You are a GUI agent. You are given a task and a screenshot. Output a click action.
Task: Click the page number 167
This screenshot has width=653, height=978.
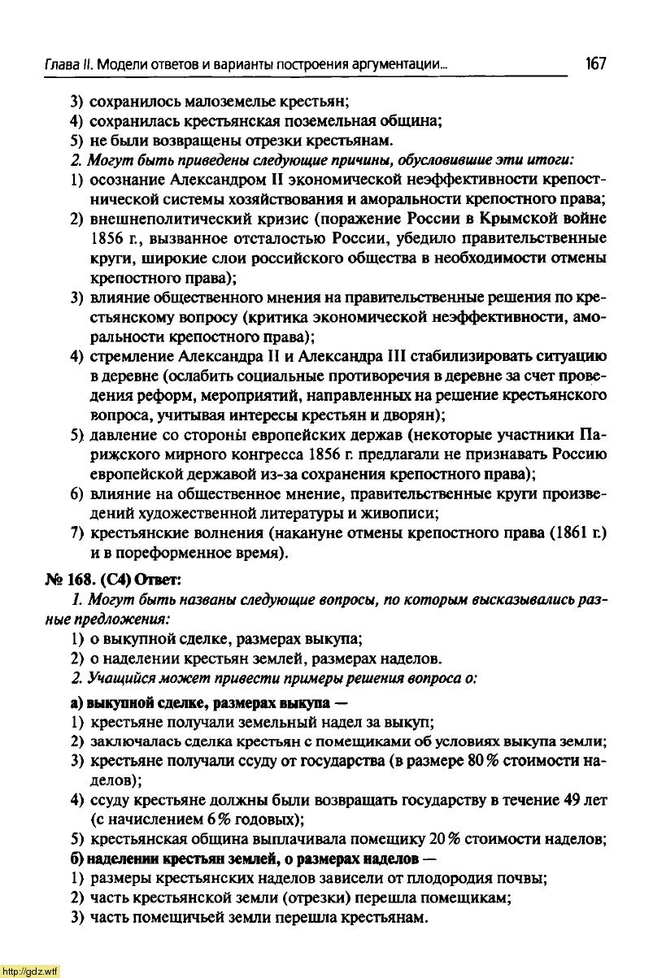(594, 64)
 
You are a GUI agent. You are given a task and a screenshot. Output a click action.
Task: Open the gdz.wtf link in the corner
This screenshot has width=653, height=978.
(30, 971)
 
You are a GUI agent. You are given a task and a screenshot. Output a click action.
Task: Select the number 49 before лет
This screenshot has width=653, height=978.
(572, 801)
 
